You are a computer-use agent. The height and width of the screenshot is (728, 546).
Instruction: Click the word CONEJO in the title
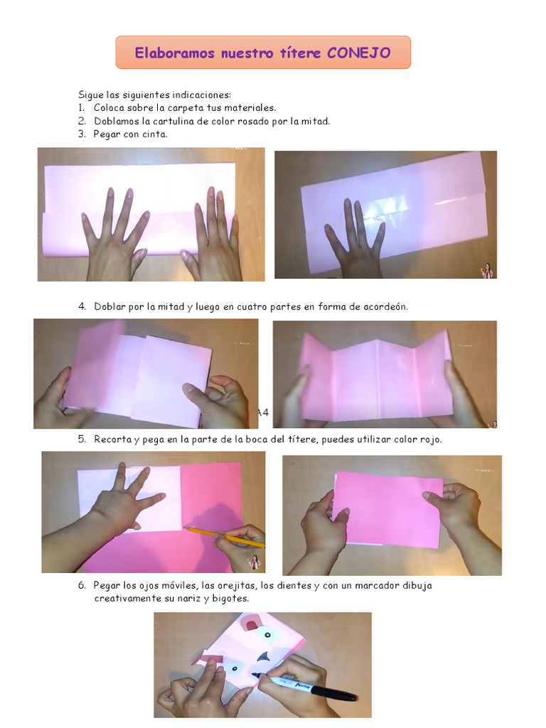(358, 53)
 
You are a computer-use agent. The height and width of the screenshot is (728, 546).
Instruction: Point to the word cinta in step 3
(155, 134)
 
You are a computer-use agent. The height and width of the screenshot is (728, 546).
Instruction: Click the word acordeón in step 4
(383, 306)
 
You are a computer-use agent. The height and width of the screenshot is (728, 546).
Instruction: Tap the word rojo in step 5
(429, 439)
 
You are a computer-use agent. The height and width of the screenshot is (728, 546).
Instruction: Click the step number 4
(82, 306)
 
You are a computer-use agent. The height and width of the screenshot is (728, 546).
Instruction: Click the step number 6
(82, 586)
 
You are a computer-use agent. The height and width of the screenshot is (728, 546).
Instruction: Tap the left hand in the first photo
(114, 235)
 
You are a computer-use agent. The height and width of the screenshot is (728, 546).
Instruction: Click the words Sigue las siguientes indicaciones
(154, 95)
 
